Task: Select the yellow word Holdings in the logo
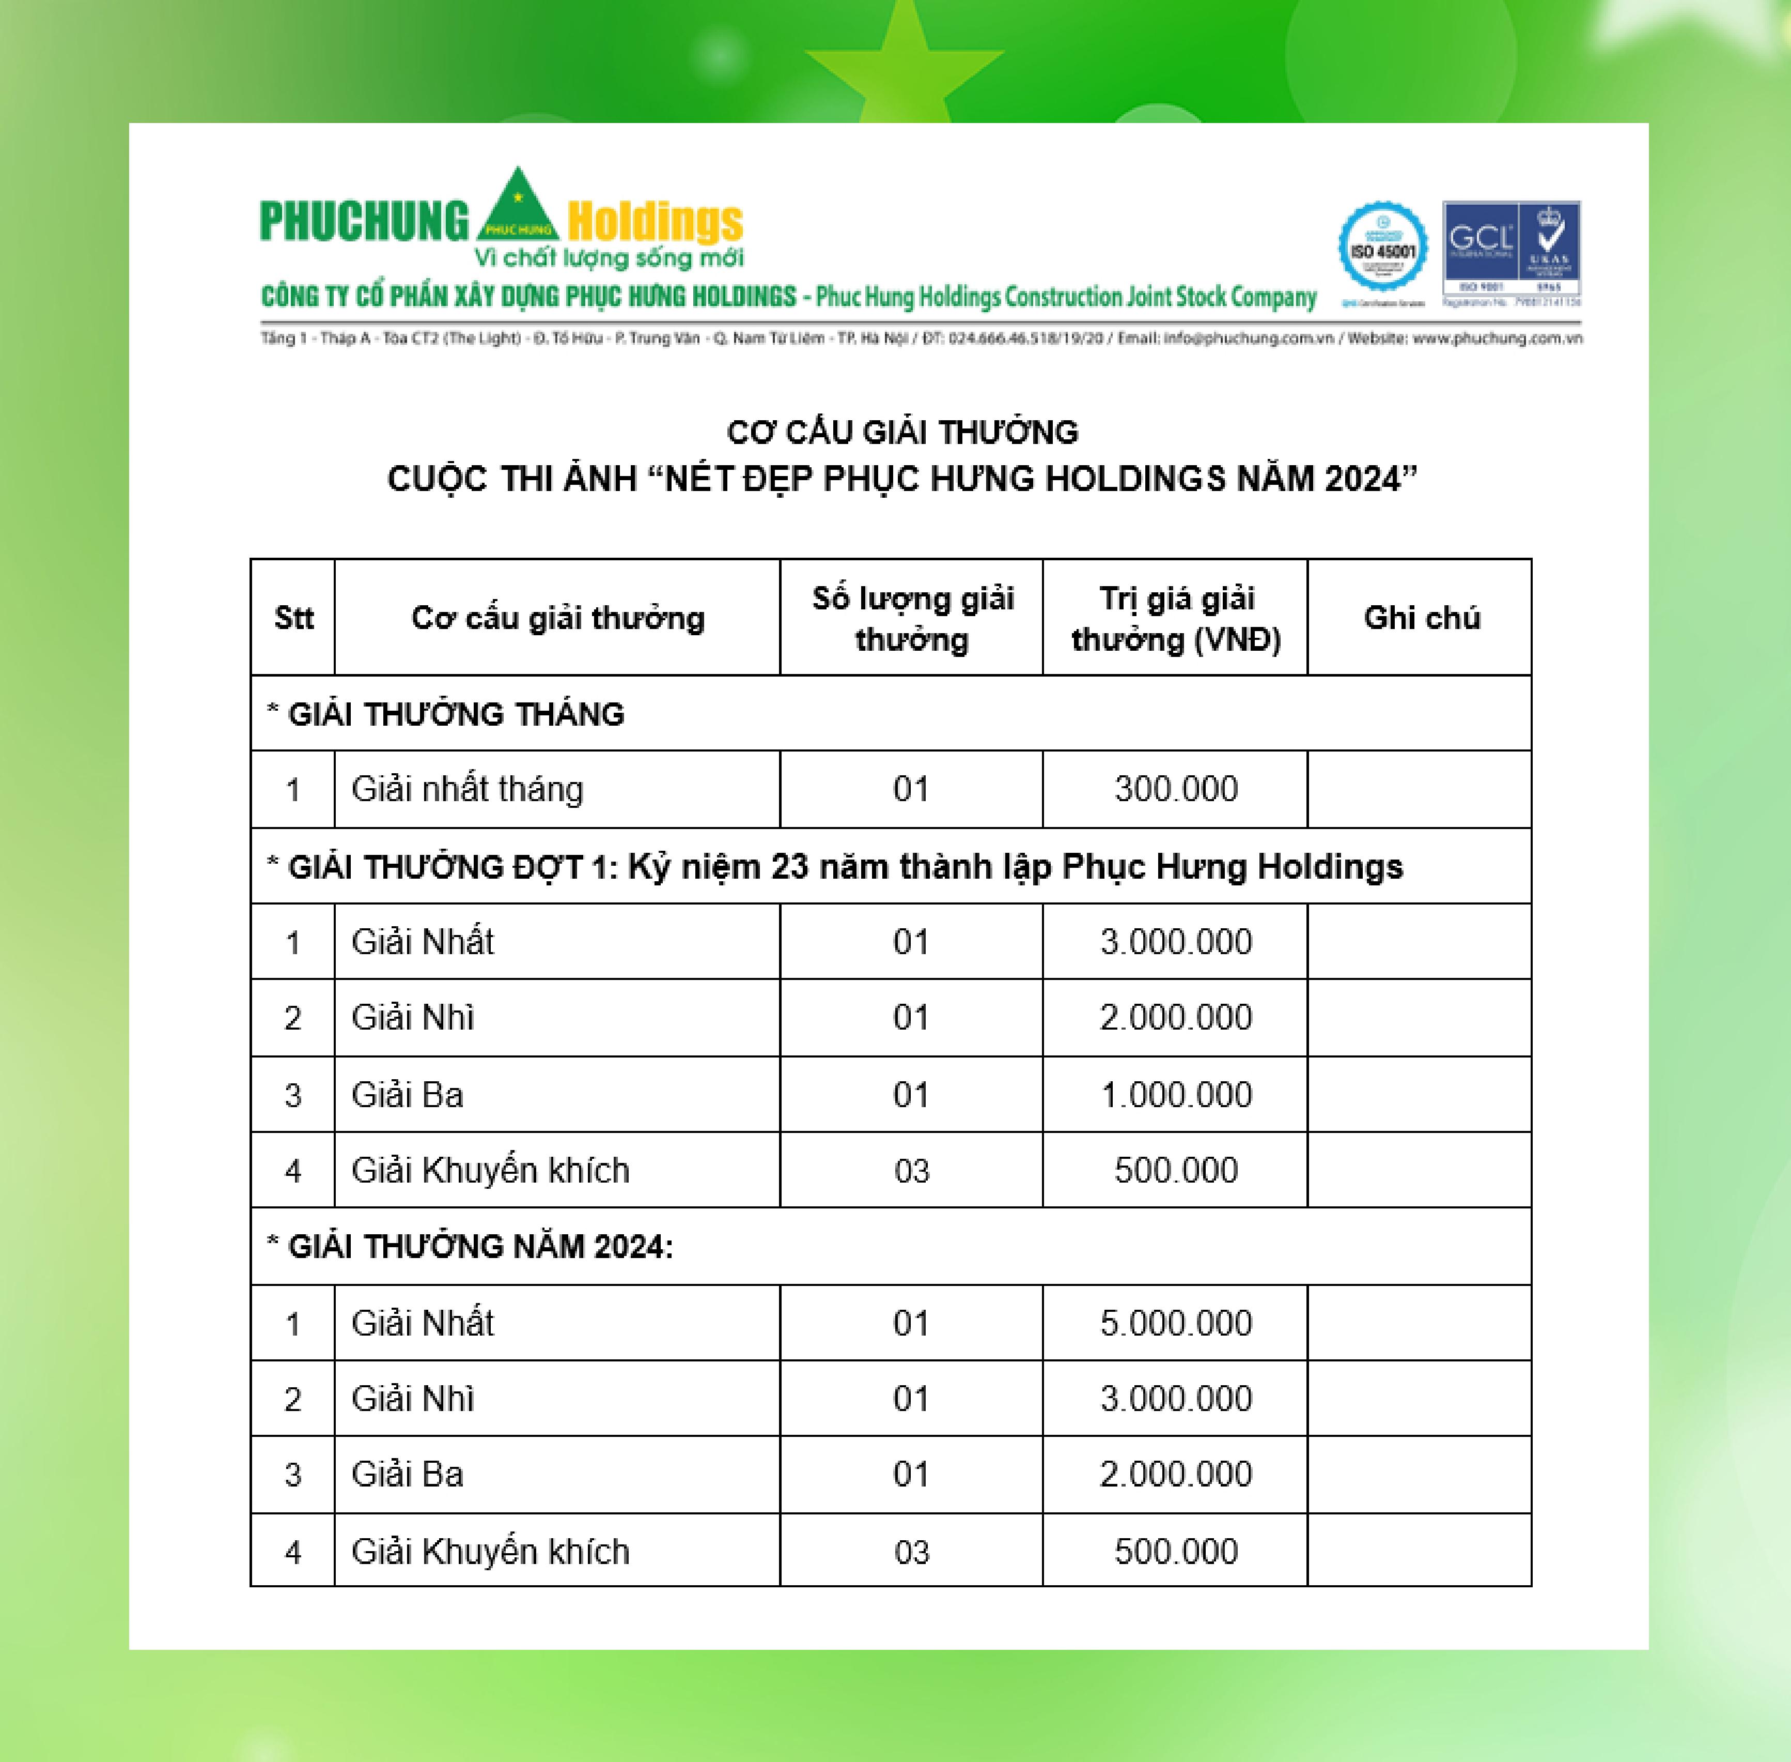click(655, 222)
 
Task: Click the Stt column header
click(293, 617)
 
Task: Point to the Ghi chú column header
click(1421, 617)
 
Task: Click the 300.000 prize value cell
click(1176, 789)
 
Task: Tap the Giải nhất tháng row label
click(467, 789)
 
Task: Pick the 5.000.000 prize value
click(1176, 1323)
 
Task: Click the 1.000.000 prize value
click(1176, 1095)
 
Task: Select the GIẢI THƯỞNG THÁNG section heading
click(456, 714)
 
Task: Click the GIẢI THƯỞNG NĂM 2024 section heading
click(480, 1247)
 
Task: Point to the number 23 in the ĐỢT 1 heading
click(789, 867)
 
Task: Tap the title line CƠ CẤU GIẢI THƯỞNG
click(902, 432)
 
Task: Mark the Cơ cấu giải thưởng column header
click(558, 617)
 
